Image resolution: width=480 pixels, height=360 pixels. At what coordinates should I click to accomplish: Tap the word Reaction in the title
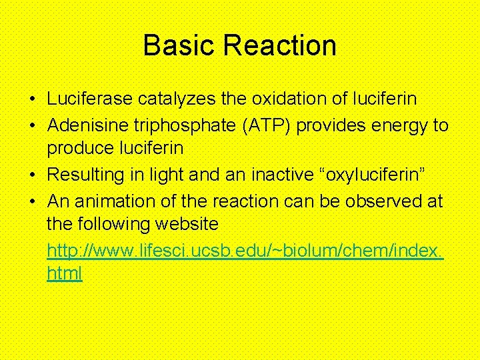pyautogui.click(x=280, y=46)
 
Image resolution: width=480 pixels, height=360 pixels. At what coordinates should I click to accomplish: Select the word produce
pyautogui.click(x=77, y=149)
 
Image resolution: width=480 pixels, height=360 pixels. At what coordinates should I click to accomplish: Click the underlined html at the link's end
pyautogui.click(x=65, y=274)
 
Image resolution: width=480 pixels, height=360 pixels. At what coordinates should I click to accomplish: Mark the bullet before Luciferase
pyautogui.click(x=32, y=100)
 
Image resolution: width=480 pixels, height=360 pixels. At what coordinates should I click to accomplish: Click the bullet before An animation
pyautogui.click(x=32, y=201)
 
